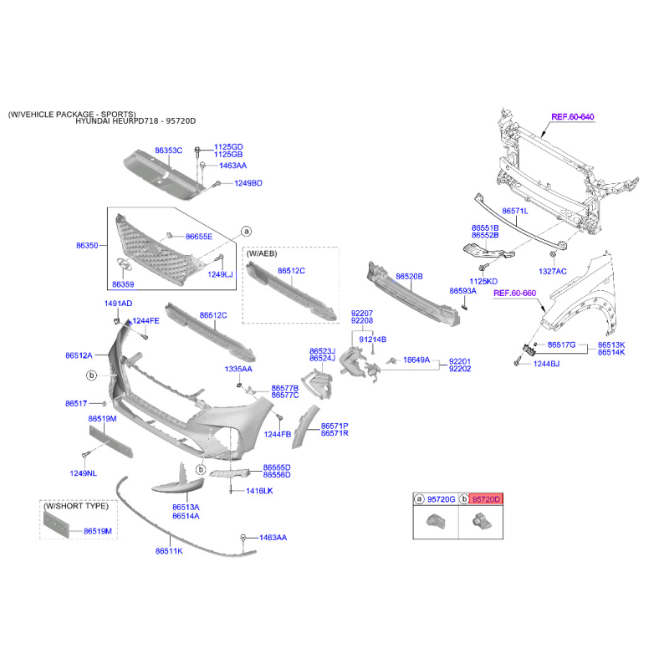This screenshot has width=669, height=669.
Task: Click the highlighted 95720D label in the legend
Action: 486,499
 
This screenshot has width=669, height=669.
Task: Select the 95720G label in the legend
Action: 441,499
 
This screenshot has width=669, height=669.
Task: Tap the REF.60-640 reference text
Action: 572,116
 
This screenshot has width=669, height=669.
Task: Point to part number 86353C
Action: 168,151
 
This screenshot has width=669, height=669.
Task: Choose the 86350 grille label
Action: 87,246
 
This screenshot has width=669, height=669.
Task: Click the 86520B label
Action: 409,275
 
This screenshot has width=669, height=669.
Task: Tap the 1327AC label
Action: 552,271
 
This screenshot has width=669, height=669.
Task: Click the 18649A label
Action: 416,360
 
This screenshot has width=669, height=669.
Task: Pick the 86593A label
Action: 462,291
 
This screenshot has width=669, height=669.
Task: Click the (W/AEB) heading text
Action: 262,252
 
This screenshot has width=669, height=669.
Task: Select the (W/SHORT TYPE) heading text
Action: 74,506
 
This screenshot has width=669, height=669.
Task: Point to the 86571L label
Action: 514,212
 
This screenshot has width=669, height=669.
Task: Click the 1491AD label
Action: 118,303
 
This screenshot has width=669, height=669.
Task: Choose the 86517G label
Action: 562,345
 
